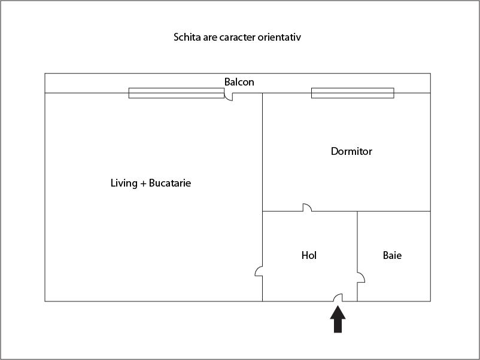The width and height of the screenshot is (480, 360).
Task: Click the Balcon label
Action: (x=239, y=82)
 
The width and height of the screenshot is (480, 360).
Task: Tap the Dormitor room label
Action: (x=351, y=151)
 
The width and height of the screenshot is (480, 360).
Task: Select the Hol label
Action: (x=309, y=255)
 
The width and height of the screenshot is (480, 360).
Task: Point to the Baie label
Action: (x=392, y=255)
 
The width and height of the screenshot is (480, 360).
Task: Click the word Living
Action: (x=124, y=183)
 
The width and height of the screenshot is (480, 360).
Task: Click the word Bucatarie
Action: (x=170, y=183)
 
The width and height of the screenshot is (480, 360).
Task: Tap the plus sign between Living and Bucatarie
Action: (x=143, y=184)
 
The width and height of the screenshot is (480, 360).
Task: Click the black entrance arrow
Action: (x=338, y=319)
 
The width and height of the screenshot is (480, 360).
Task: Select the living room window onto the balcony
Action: (x=177, y=93)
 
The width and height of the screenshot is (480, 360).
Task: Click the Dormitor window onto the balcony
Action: (x=353, y=93)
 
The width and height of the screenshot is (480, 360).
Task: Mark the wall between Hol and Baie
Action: (x=357, y=257)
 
